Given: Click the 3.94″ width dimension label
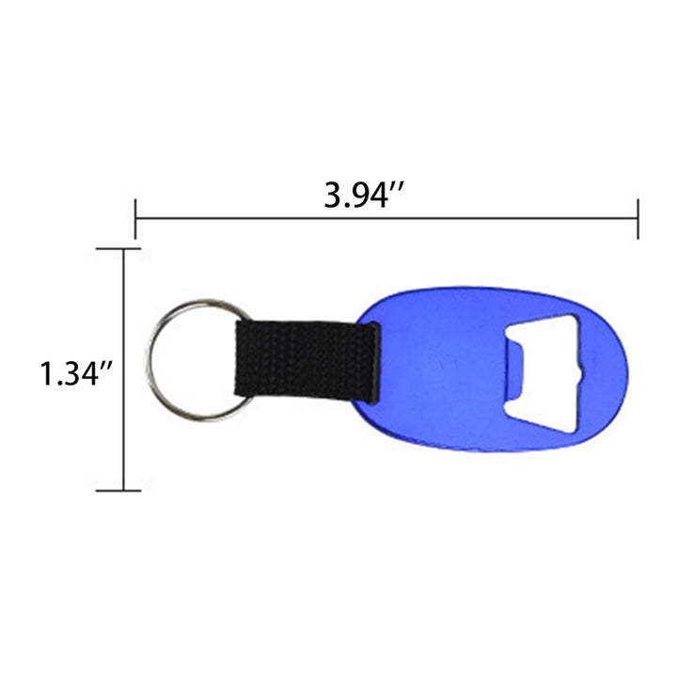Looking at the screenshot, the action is pyautogui.click(x=365, y=196).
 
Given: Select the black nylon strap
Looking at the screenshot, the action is pyautogui.click(x=307, y=360).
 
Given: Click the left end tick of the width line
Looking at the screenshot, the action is pyautogui.click(x=135, y=219).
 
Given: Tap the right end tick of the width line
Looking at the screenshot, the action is pyautogui.click(x=638, y=219).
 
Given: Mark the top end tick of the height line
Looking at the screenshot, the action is pyautogui.click(x=118, y=248).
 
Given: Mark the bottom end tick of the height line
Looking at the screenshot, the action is pyautogui.click(x=118, y=491).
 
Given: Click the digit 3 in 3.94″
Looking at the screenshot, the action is pyautogui.click(x=333, y=196).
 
